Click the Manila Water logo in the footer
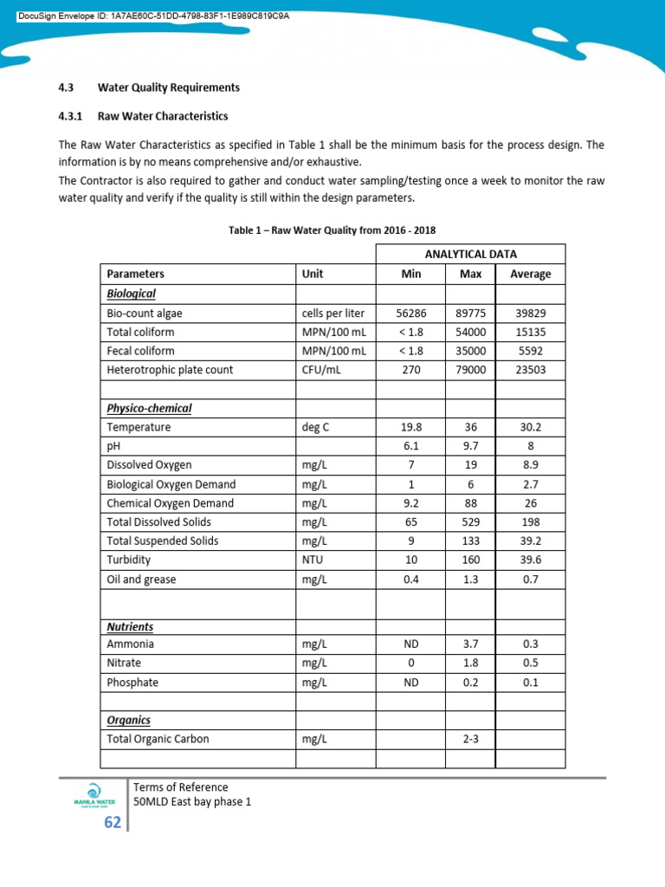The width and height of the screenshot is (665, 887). click(94, 794)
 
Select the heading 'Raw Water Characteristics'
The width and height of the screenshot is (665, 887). click(163, 115)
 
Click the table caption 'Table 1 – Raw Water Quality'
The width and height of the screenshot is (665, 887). click(332, 230)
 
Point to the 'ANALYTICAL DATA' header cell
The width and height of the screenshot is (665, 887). click(469, 254)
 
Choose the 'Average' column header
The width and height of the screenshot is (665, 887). click(530, 274)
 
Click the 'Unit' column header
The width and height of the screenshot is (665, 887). click(313, 274)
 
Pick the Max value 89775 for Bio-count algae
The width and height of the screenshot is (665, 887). click(469, 314)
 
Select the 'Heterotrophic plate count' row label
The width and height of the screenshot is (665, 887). click(170, 370)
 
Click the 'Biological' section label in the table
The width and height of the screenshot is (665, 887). click(131, 294)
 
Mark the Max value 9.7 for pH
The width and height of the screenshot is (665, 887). click(469, 446)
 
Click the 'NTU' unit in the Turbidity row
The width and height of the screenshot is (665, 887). click(313, 560)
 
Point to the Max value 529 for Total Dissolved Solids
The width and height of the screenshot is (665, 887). click(469, 522)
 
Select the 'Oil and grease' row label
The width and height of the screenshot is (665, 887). click(141, 579)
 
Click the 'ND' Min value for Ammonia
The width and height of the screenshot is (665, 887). click(410, 644)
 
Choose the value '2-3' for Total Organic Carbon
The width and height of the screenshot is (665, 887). click(469, 740)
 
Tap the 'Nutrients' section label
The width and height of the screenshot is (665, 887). click(130, 626)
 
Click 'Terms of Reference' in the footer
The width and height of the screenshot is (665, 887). click(181, 787)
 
